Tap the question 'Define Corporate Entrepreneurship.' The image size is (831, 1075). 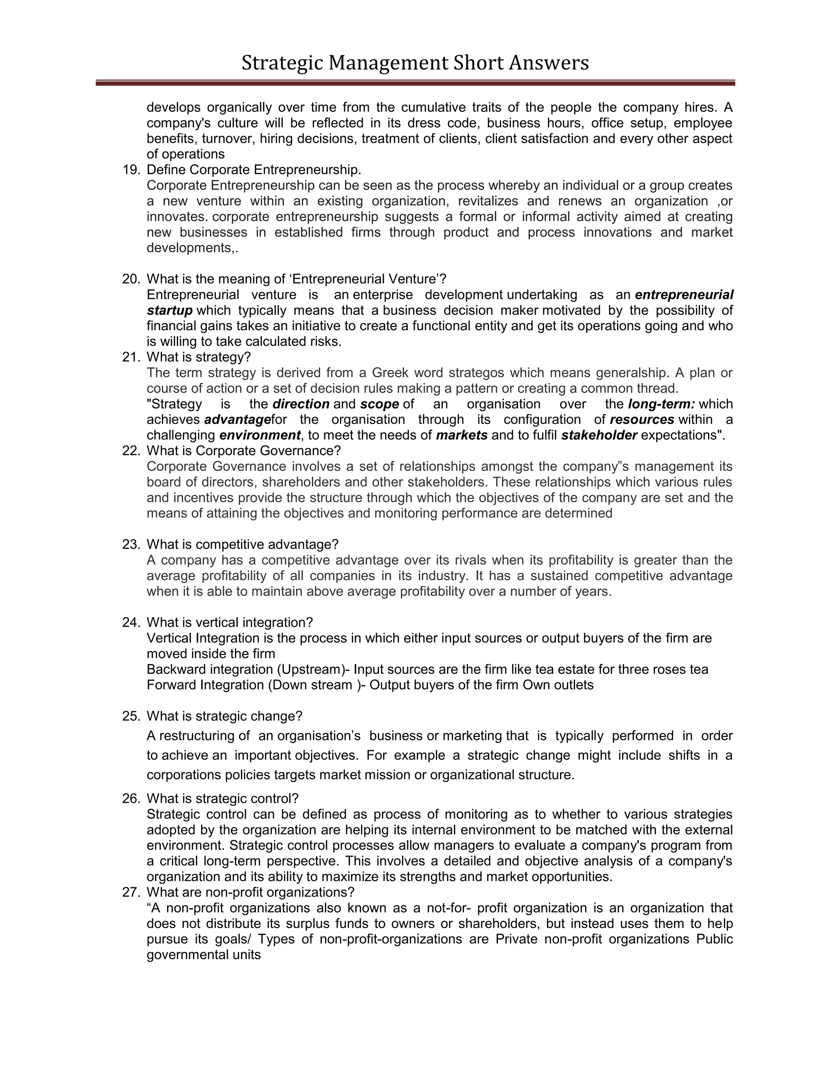(x=254, y=170)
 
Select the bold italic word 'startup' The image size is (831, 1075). (x=169, y=311)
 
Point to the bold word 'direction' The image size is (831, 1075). (x=301, y=404)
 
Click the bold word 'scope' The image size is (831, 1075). (x=379, y=404)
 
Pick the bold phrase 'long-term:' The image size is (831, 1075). (x=661, y=404)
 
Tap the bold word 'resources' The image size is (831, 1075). (x=642, y=420)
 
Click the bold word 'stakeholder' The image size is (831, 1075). (x=599, y=436)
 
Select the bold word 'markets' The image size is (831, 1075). (x=462, y=436)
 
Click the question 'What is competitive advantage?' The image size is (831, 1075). (x=243, y=544)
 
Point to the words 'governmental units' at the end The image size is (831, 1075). (x=203, y=955)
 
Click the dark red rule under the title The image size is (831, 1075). (x=415, y=83)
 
